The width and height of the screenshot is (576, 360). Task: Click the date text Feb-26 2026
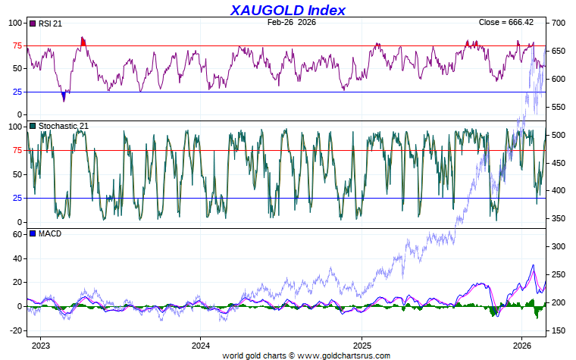(x=292, y=23)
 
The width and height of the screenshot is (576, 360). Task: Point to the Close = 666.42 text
(x=511, y=23)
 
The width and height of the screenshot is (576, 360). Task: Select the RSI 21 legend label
(x=50, y=23)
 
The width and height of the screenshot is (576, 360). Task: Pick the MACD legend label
(x=49, y=233)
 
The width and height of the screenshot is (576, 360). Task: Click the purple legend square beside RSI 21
(x=32, y=23)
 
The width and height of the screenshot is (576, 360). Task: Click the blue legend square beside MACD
(x=32, y=233)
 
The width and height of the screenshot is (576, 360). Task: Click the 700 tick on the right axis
(x=558, y=23)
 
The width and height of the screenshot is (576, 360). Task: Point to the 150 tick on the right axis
(x=558, y=330)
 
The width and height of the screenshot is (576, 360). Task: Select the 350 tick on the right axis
(x=558, y=219)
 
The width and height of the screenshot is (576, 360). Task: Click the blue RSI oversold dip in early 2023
(x=64, y=96)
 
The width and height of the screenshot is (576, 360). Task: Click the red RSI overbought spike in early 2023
(x=83, y=41)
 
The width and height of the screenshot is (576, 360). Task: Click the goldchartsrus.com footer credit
(x=306, y=355)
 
